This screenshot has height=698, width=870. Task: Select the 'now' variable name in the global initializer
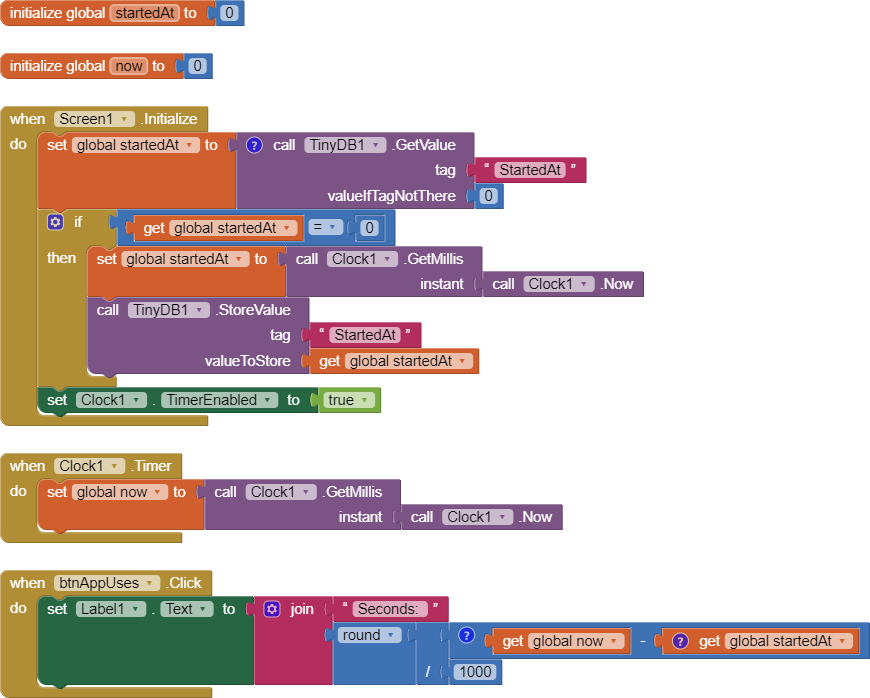coord(129,66)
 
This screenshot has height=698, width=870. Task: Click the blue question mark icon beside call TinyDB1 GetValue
coord(254,145)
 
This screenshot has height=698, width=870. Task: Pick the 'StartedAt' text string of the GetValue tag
coord(529,170)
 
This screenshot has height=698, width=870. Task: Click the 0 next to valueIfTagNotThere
coord(488,196)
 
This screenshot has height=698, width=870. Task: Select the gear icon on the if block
coord(56,222)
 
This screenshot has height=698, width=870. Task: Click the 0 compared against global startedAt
coord(369,228)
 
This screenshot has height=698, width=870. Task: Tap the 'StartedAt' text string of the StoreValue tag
coord(365,335)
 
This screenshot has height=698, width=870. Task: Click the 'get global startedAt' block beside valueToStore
coord(394,361)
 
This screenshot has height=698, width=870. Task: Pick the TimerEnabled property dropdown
coord(217,400)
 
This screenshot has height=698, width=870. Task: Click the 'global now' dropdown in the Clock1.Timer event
coord(119,492)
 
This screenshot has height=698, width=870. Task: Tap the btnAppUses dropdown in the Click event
coord(107,583)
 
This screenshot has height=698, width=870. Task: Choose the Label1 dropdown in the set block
coord(111,609)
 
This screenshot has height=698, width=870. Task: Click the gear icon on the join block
coord(272,609)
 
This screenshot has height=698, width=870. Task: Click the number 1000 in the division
coord(475,672)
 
